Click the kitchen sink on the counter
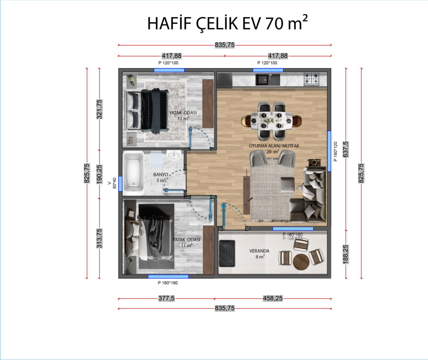tap(268, 79)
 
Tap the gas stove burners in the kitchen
tap(312, 79)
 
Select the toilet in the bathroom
tap(156, 160)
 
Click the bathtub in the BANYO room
tap(133, 173)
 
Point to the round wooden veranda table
tap(301, 262)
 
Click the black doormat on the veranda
tap(227, 253)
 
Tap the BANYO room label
tap(160, 174)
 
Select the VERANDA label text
tap(259, 251)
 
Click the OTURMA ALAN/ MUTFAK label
tap(274, 146)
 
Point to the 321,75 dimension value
tap(99, 109)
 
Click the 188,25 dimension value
tap(346, 254)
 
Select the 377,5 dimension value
tap(166, 298)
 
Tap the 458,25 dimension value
tap(273, 298)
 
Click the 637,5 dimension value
tap(346, 149)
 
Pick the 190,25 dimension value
tap(99, 174)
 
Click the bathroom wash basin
tap(174, 156)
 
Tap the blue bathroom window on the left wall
tap(120, 184)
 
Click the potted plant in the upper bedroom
tap(132, 79)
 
